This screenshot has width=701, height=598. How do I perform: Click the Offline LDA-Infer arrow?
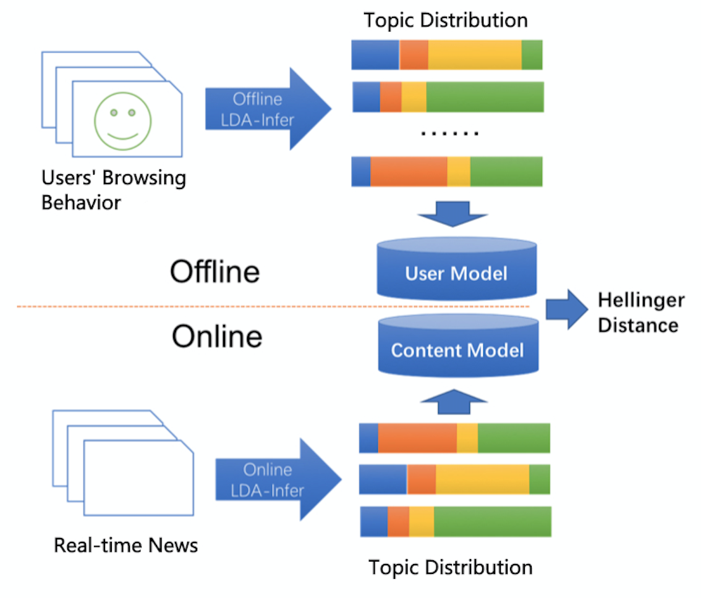(x=268, y=109)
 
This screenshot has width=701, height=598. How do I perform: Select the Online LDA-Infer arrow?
(x=278, y=479)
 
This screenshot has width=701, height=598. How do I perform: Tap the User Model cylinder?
(x=456, y=269)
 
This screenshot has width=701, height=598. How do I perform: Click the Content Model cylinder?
(x=458, y=345)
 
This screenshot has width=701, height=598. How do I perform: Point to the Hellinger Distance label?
(x=641, y=313)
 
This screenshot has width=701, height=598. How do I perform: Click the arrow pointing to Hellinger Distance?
(x=567, y=310)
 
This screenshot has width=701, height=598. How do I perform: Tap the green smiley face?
(x=123, y=121)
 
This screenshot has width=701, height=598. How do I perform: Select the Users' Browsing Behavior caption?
(x=114, y=190)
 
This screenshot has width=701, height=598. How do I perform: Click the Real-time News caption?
(x=125, y=545)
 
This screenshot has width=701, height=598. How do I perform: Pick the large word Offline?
(x=215, y=272)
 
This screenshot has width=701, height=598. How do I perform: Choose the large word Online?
(x=217, y=336)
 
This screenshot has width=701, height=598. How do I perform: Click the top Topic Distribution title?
(x=446, y=20)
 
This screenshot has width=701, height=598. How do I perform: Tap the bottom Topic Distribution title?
(x=451, y=568)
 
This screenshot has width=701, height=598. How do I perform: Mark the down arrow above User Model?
(x=452, y=214)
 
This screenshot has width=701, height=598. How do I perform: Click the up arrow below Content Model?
(x=454, y=402)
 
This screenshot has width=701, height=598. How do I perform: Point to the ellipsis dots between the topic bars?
(x=450, y=133)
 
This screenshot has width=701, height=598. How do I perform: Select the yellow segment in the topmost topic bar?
(x=475, y=55)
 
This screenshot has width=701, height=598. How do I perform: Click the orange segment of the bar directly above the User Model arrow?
(x=409, y=171)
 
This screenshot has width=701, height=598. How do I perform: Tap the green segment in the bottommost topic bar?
(x=493, y=521)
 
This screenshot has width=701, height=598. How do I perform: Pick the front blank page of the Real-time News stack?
(x=138, y=478)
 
